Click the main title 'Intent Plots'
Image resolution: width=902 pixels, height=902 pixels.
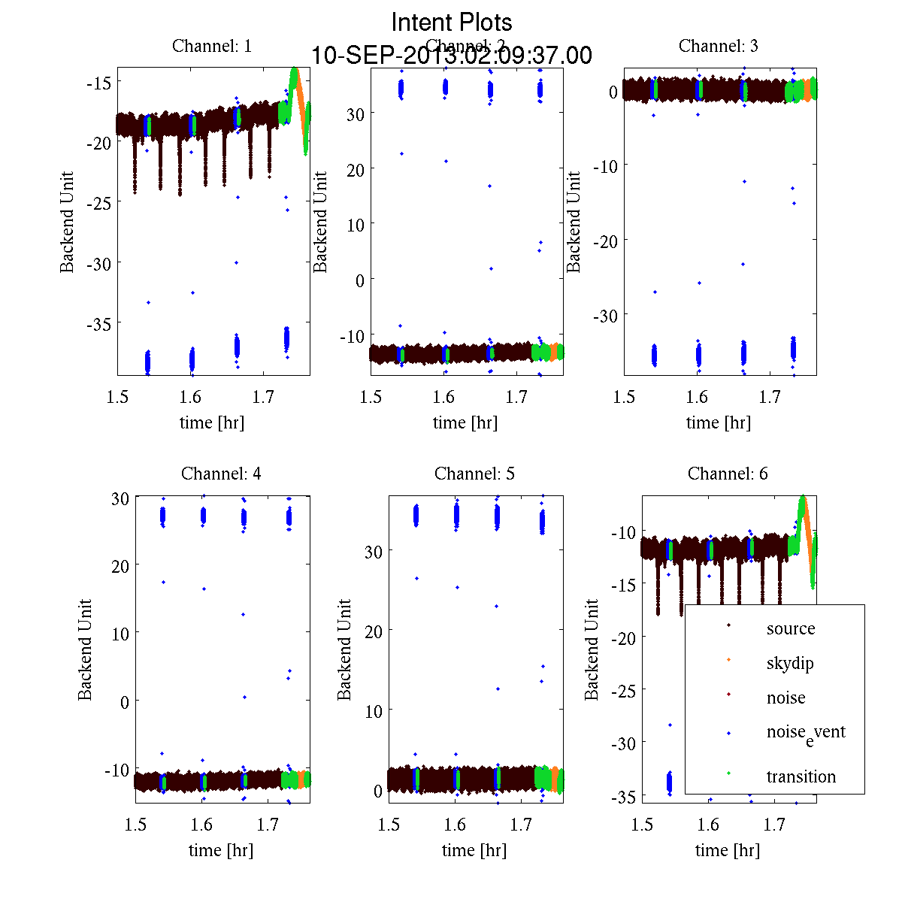coord(452,22)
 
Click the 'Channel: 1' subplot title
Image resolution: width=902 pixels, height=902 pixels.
coord(212,46)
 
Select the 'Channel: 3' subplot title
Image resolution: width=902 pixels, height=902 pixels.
coord(718,46)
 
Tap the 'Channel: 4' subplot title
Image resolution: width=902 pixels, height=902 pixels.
coord(221,474)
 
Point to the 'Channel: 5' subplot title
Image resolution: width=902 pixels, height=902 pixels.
coord(474,474)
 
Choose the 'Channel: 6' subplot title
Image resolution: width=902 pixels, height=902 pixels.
coord(728,474)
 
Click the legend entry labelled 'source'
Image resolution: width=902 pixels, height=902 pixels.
coord(790,628)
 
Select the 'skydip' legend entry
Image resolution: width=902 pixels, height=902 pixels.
coord(789,663)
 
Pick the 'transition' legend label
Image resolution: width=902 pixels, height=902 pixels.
coord(801,776)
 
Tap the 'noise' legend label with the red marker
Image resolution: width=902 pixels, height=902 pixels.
coord(785,698)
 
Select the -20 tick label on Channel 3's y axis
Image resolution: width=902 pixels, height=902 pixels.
coord(605,241)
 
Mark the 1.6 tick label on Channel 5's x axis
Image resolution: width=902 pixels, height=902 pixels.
coord(455,825)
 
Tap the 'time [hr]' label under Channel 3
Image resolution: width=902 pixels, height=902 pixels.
coord(718,422)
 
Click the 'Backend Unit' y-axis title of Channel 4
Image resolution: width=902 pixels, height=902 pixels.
coord(85,649)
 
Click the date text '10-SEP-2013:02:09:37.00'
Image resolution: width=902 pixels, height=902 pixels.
coord(452,56)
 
